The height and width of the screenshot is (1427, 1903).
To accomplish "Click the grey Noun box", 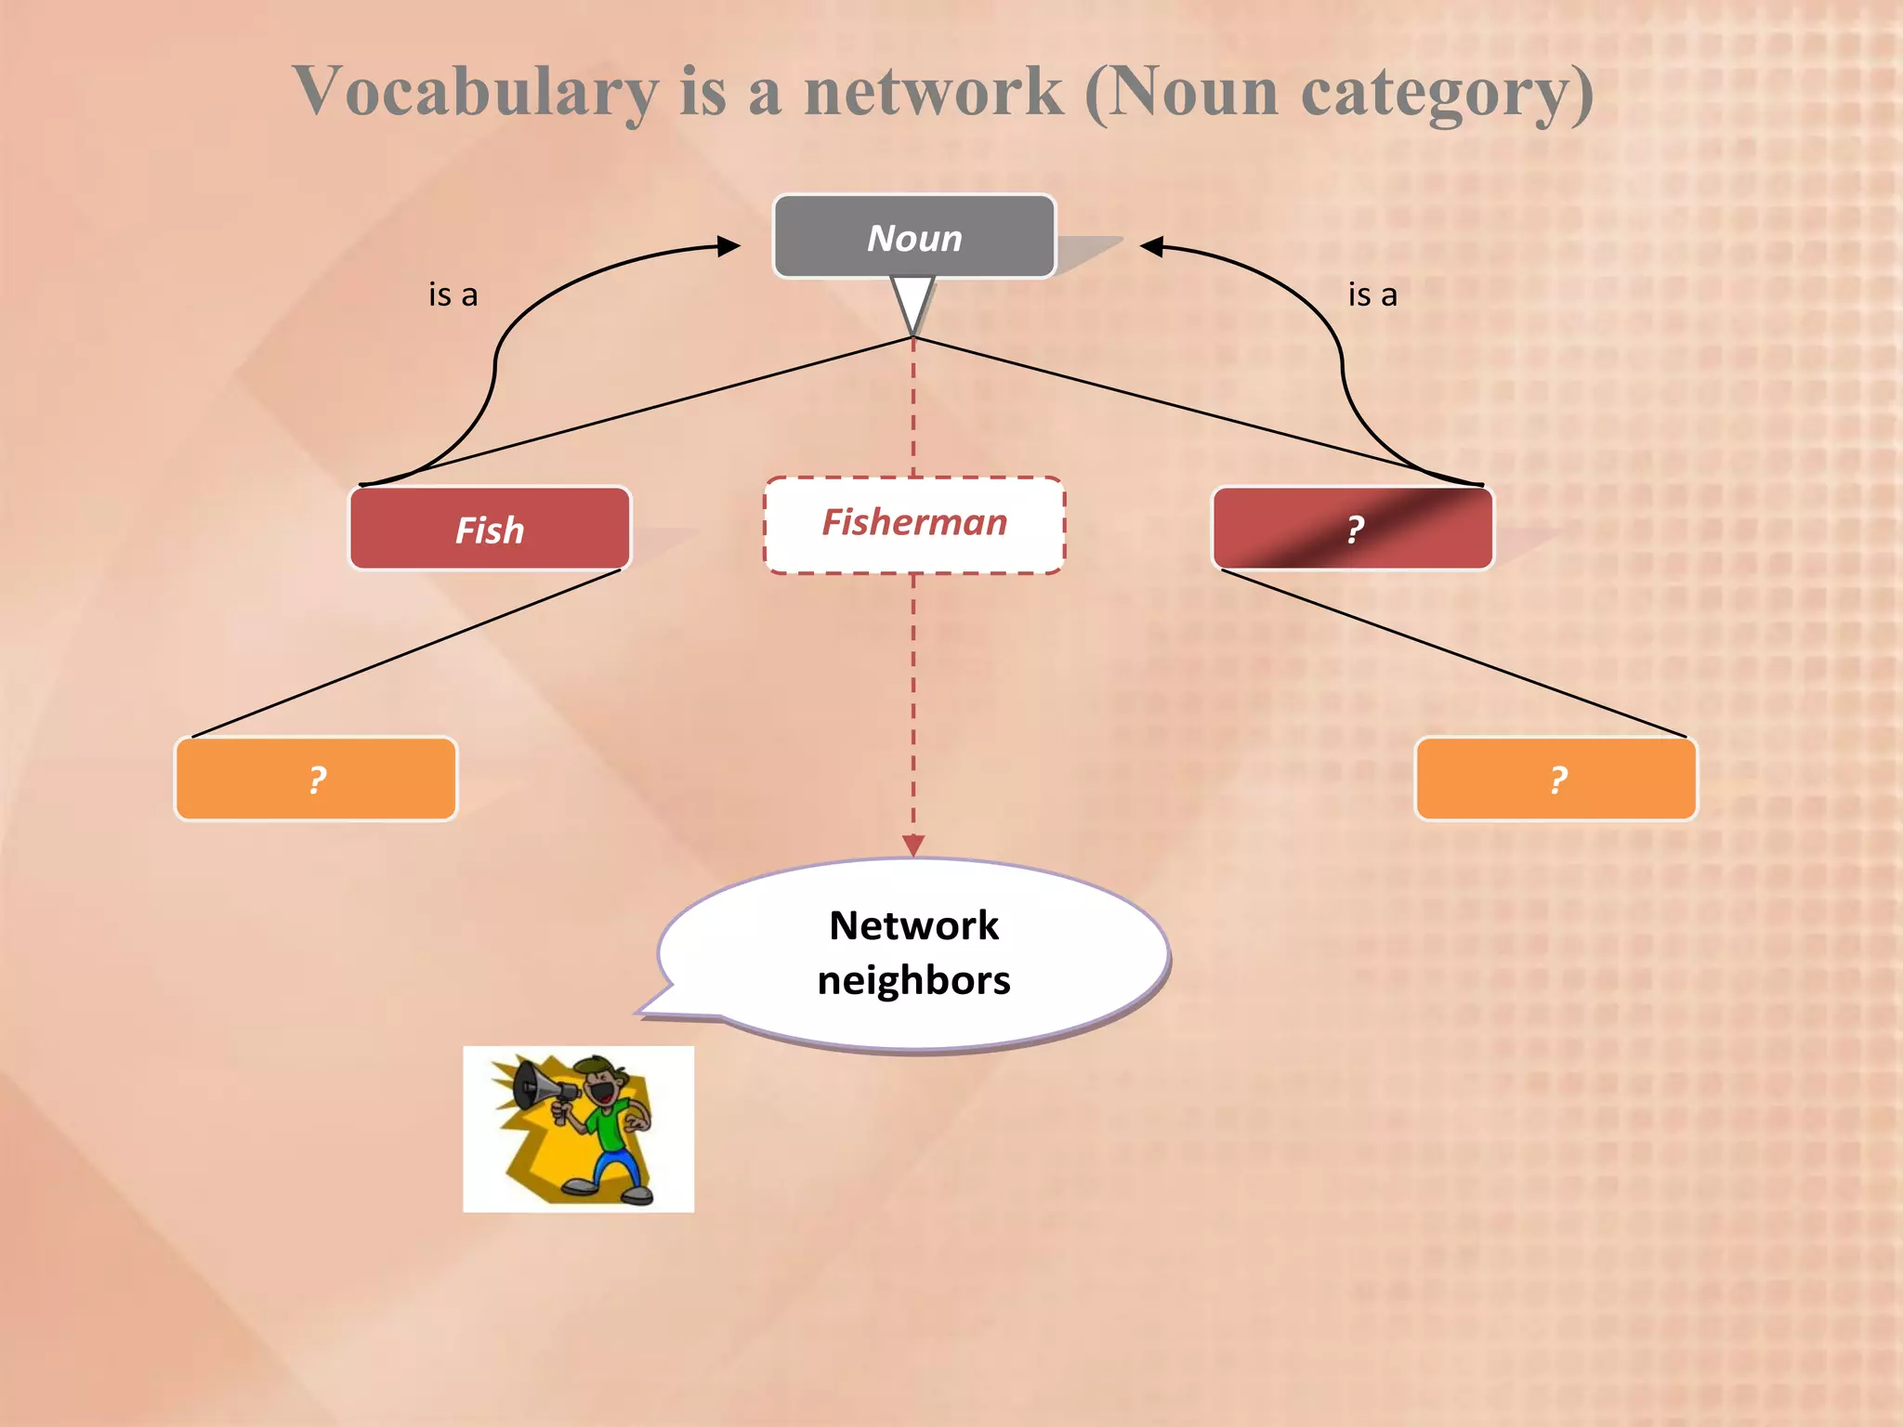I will tap(914, 237).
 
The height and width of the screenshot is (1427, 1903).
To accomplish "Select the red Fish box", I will tap(490, 530).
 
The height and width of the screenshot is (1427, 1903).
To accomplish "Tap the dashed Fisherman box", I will tap(914, 524).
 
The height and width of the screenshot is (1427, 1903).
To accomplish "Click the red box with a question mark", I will tap(1353, 530).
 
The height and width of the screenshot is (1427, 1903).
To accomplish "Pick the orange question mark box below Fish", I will tap(316, 779).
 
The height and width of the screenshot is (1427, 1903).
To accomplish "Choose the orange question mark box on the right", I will tap(1556, 779).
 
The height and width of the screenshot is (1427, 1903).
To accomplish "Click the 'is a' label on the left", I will tap(453, 295).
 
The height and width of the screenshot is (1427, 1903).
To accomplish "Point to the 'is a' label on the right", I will tap(1372, 295).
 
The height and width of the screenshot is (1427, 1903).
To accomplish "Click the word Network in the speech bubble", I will tap(914, 925).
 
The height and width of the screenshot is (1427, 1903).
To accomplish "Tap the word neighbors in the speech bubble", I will tap(914, 981).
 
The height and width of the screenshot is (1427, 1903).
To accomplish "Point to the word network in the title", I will tap(933, 93).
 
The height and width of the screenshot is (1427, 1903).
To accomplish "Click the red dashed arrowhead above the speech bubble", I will tap(913, 844).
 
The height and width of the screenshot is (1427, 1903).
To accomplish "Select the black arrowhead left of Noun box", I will tap(728, 246).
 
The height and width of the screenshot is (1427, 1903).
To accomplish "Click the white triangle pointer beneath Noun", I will tap(912, 299).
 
